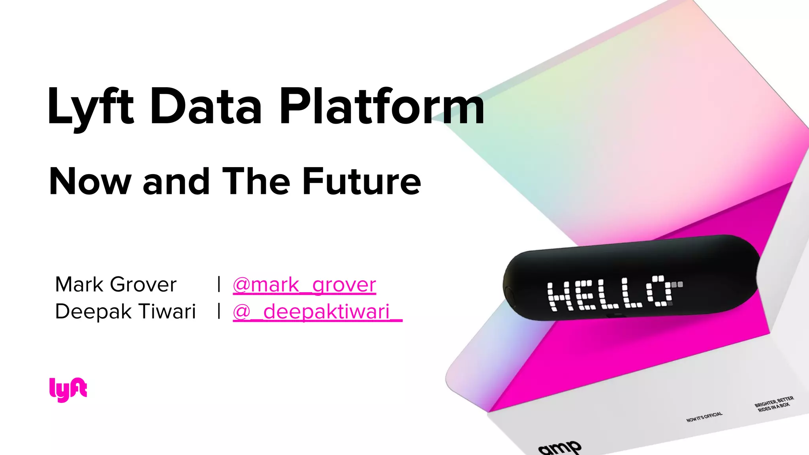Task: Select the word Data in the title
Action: [x=206, y=107]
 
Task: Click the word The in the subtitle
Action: [x=256, y=182]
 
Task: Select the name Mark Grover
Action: [x=116, y=284]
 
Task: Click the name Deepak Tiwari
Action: [x=125, y=311]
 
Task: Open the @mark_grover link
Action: [x=304, y=285]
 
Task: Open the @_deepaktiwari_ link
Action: [x=317, y=312]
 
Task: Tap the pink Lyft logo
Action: [x=68, y=389]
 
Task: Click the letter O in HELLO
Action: [x=660, y=291]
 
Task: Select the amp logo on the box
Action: [x=560, y=448]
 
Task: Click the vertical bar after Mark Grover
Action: [x=219, y=284]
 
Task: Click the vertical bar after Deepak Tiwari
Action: [x=219, y=311]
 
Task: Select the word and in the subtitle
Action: [x=176, y=182]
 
